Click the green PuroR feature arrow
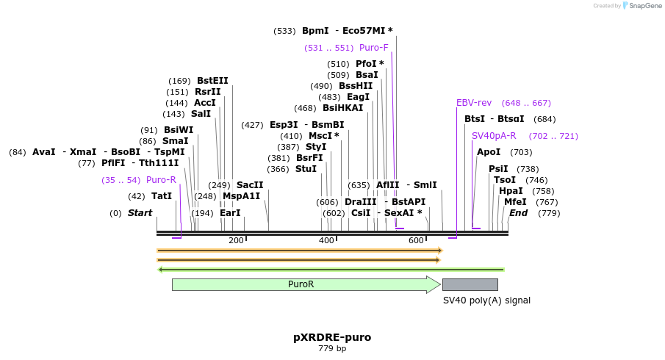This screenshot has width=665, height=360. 301,284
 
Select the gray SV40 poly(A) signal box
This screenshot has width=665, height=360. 470,284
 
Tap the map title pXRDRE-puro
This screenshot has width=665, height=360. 332,337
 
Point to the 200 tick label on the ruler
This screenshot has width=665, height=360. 236,241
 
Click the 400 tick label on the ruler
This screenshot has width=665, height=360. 326,241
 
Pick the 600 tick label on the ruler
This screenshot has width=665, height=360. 416,241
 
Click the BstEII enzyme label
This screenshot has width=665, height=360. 212,81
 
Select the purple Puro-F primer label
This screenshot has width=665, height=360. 374,48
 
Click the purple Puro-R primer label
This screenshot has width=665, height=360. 161,180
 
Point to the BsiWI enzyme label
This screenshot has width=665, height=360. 179,130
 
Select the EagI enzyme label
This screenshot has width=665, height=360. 358,97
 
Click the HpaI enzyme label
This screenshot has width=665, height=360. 511,191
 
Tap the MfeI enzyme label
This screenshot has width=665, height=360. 515,202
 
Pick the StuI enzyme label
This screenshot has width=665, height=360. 306,169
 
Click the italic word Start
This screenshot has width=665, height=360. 140,213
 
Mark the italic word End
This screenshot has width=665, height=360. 518,213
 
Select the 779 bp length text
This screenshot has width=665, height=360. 332,348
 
